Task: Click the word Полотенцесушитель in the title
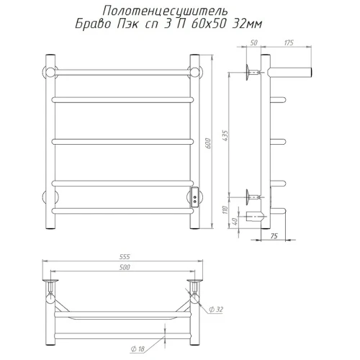(165, 11)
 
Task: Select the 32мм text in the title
(247, 24)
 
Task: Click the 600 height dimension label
(208, 143)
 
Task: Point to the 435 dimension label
(225, 135)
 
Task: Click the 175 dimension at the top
(289, 42)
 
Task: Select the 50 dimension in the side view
(253, 42)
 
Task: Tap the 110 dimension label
(225, 210)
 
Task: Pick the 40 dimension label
(235, 221)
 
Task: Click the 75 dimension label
(274, 236)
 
